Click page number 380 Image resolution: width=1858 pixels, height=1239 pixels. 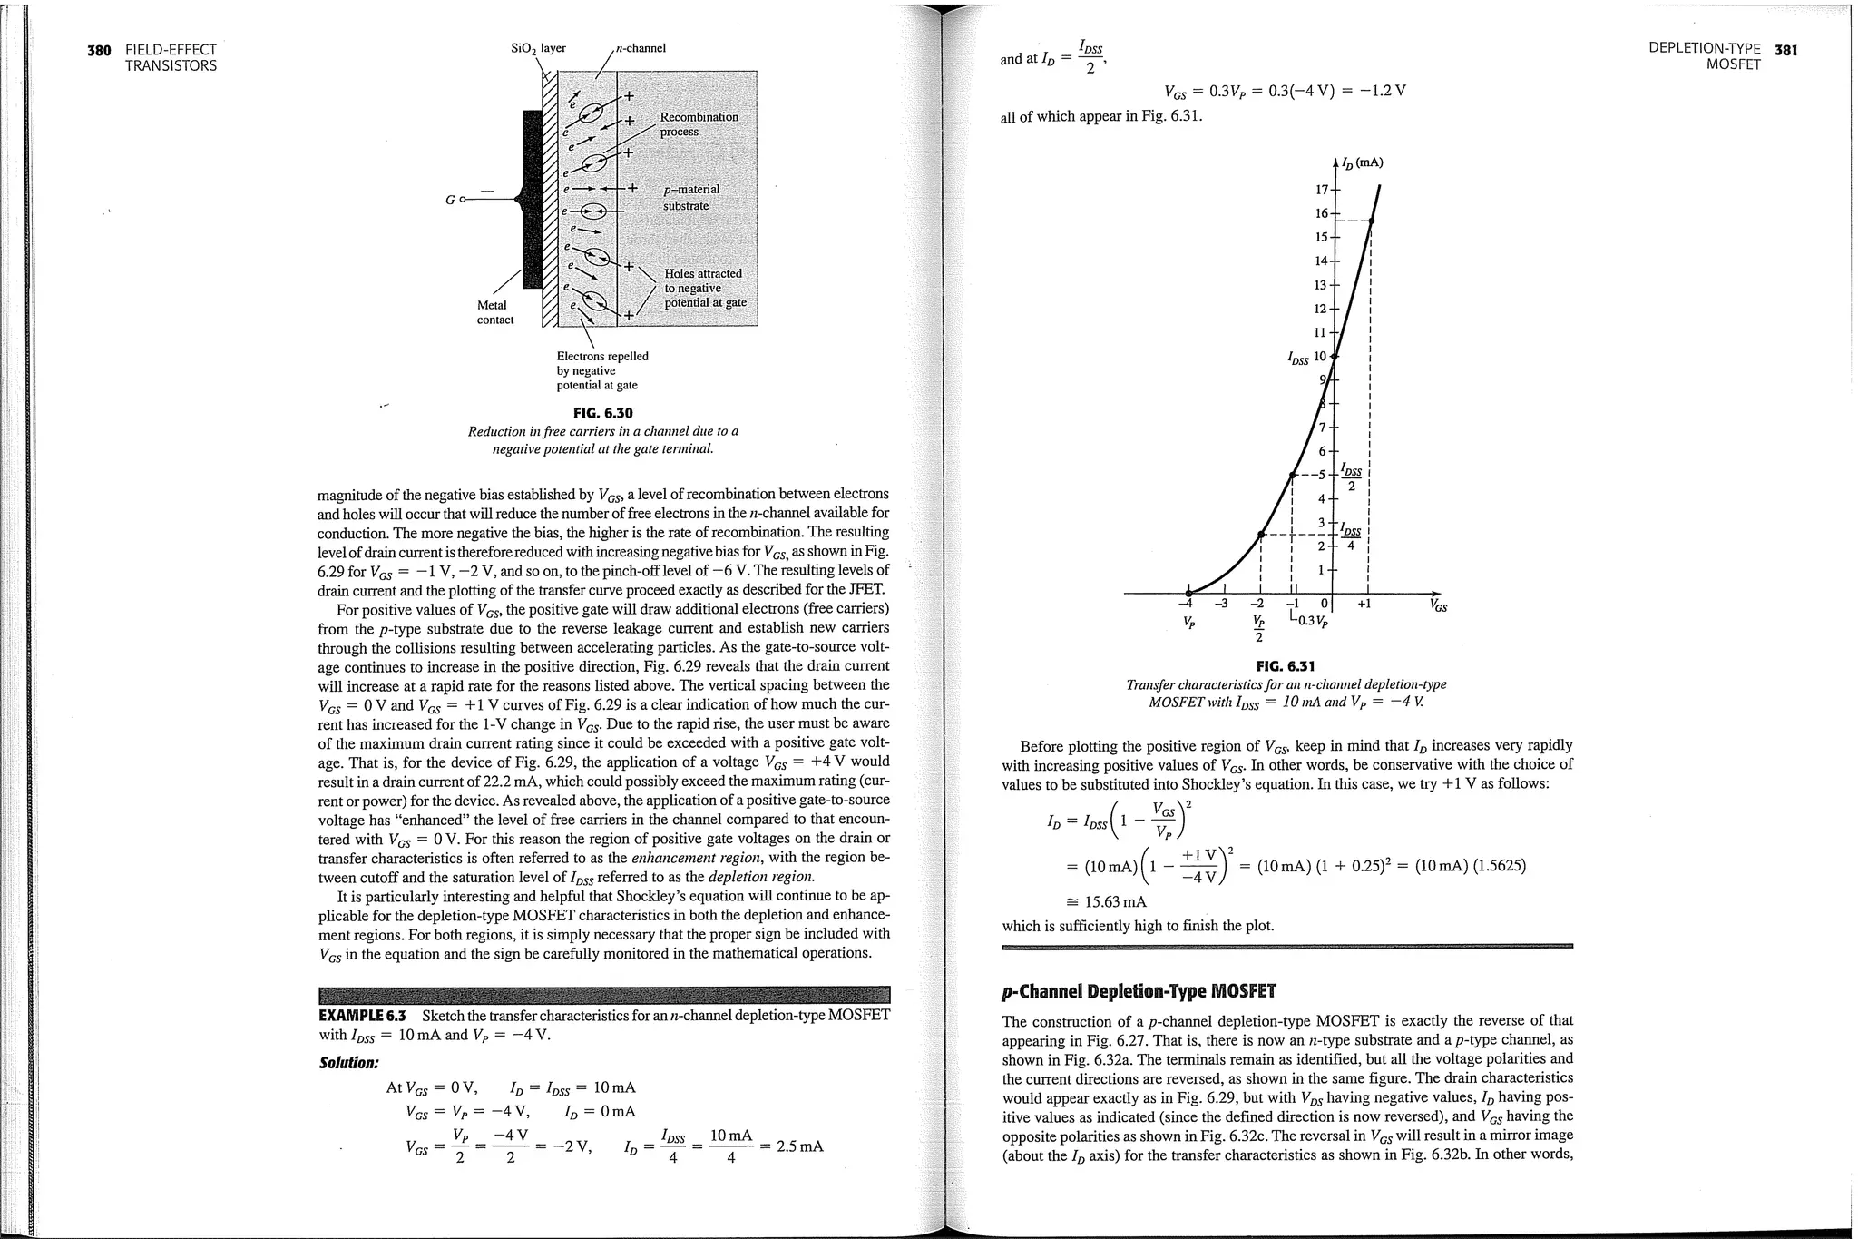(x=98, y=51)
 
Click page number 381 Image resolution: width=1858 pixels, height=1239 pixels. (x=1785, y=50)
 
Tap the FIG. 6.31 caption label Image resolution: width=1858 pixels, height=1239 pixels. (x=1286, y=666)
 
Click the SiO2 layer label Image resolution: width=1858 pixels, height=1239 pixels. (x=539, y=48)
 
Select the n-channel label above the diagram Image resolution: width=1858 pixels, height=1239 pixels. (x=641, y=48)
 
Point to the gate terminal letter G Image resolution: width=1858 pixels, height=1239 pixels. (x=451, y=199)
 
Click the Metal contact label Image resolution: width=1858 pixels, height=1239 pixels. (x=494, y=312)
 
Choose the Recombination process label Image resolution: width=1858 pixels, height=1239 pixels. (x=698, y=124)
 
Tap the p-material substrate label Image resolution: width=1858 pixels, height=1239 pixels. (x=690, y=197)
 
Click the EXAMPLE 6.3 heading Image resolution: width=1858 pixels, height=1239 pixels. (x=363, y=1015)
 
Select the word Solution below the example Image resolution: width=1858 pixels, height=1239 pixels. (x=348, y=1062)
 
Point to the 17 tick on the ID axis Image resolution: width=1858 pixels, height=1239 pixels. (x=1321, y=190)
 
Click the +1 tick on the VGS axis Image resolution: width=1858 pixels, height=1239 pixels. (x=1364, y=603)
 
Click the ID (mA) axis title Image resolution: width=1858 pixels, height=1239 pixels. (x=1363, y=163)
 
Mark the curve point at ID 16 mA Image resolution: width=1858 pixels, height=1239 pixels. (x=1372, y=221)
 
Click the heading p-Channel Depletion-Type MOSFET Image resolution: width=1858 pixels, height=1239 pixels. (x=1138, y=990)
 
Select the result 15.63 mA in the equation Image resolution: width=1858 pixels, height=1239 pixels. (x=1115, y=902)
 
